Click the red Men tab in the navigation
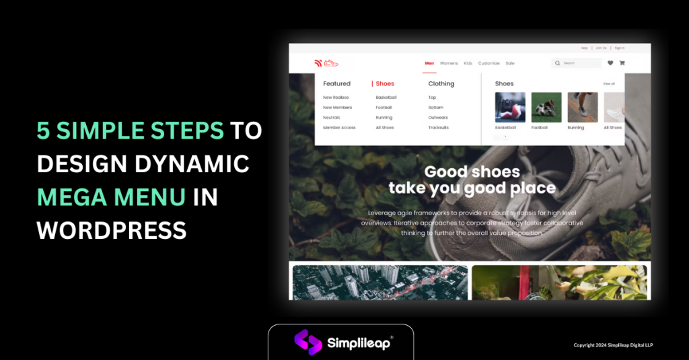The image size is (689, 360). pyautogui.click(x=429, y=63)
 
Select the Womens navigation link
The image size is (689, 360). pyautogui.click(x=449, y=63)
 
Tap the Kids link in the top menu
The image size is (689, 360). pyautogui.click(x=468, y=63)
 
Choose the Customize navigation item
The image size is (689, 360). pyautogui.click(x=489, y=63)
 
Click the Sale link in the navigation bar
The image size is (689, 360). pyautogui.click(x=510, y=63)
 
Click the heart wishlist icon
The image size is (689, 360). pyautogui.click(x=610, y=63)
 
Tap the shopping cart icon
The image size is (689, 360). pyautogui.click(x=622, y=63)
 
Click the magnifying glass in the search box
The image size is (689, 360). pyautogui.click(x=558, y=63)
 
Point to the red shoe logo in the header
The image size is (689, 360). pyautogui.click(x=326, y=63)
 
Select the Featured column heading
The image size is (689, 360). pyautogui.click(x=336, y=84)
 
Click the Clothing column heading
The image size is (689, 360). pyautogui.click(x=441, y=84)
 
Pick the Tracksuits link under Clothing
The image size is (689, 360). pyautogui.click(x=439, y=127)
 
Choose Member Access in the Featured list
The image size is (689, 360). pyautogui.click(x=339, y=127)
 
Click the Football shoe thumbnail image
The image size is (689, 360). pyautogui.click(x=546, y=107)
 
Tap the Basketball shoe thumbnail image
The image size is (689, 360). pyautogui.click(x=510, y=107)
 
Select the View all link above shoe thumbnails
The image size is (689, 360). pyautogui.click(x=609, y=83)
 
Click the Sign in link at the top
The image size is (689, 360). pyautogui.click(x=620, y=48)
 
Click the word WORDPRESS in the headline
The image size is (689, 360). pyautogui.click(x=112, y=231)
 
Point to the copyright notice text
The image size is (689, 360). pyautogui.click(x=613, y=345)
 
